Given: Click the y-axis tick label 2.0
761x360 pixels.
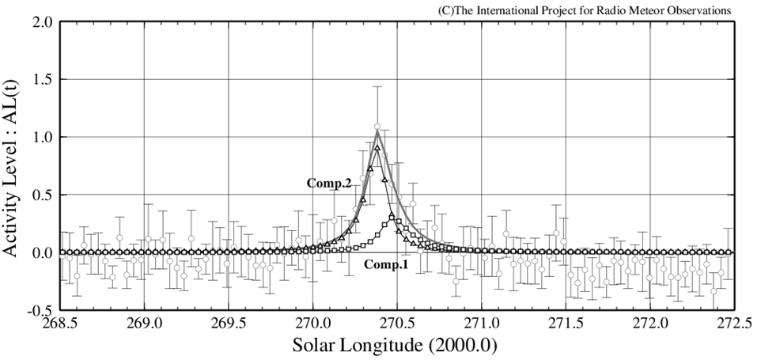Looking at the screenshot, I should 41,22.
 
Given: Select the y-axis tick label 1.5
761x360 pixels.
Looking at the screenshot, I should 41,80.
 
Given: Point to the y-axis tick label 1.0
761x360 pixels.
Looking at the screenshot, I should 41,138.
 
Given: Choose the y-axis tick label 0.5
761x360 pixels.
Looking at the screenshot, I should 41,195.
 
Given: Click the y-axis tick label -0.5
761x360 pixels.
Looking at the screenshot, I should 38,310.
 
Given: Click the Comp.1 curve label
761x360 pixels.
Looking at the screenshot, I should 385,265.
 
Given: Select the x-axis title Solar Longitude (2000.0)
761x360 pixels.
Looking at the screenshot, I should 396,347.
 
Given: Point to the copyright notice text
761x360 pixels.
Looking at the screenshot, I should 584,9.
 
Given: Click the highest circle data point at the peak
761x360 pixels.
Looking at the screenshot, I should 377,127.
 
